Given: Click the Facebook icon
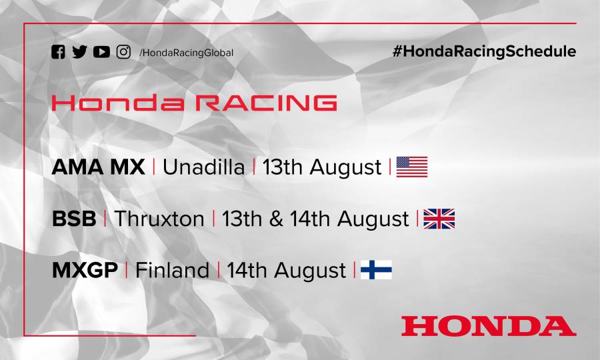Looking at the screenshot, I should [59, 52].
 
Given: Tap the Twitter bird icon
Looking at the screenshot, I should [79, 52].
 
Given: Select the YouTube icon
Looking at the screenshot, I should [101, 52].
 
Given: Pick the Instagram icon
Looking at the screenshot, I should [123, 52].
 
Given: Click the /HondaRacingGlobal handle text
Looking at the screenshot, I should [186, 53].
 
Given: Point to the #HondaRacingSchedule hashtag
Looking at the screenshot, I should [484, 51].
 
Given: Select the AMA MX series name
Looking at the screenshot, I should [98, 167].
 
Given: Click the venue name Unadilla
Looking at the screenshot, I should [203, 167].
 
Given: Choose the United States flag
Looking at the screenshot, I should [412, 167].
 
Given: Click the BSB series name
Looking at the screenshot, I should [74, 219].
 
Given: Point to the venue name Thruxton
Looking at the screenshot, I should [159, 219].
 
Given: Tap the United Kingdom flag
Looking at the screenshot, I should [439, 219].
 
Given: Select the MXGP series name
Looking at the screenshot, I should [85, 270].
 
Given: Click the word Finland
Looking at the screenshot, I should [172, 270].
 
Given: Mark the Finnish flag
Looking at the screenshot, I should [376, 270].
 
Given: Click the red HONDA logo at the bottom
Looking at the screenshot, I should [488, 325].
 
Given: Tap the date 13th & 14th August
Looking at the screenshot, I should [315, 219].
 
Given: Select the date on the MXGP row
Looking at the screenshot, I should [286, 270].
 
